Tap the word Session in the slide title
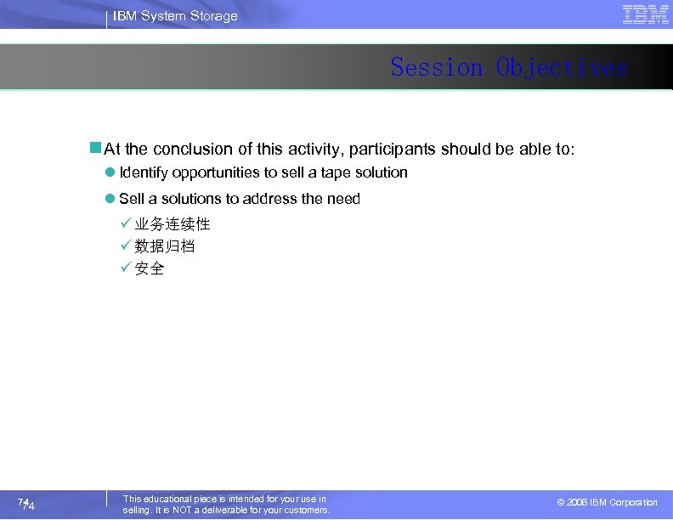pos(437,67)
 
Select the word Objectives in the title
pos(563,67)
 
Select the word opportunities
pos(216,172)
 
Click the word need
pos(344,199)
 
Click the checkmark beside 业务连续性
pos(126,224)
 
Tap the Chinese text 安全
pos(150,268)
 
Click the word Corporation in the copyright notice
pos(633,503)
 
